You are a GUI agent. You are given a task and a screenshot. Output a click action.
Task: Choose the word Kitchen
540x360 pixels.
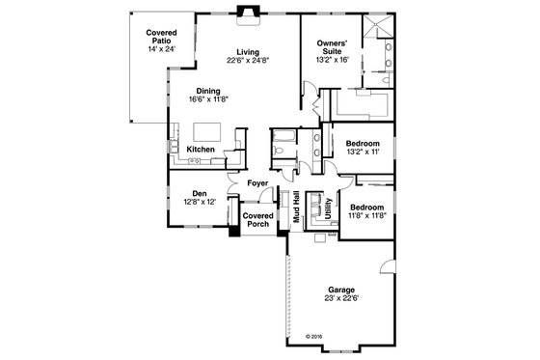pyautogui.click(x=201, y=150)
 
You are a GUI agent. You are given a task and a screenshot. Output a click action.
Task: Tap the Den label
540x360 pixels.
pyautogui.click(x=201, y=192)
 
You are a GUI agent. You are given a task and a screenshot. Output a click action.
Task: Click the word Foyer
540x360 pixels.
pyautogui.click(x=256, y=182)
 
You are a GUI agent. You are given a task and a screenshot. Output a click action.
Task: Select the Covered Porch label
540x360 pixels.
pyautogui.click(x=256, y=219)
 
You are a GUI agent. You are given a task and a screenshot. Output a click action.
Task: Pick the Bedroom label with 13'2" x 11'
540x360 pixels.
pyautogui.click(x=363, y=142)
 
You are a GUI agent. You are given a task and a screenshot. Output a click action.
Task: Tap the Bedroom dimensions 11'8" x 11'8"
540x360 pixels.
pyautogui.click(x=366, y=216)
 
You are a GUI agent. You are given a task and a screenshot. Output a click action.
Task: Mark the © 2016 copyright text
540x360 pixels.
pyautogui.click(x=315, y=337)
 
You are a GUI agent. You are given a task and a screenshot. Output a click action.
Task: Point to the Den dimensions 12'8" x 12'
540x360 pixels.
pyautogui.click(x=201, y=201)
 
